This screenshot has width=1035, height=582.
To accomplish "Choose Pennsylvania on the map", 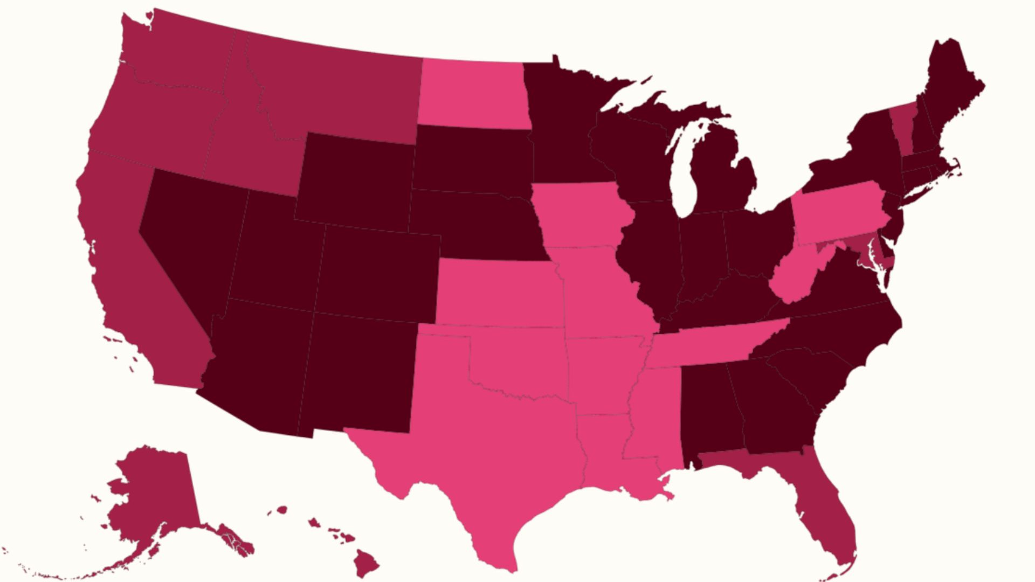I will coord(841,213).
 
